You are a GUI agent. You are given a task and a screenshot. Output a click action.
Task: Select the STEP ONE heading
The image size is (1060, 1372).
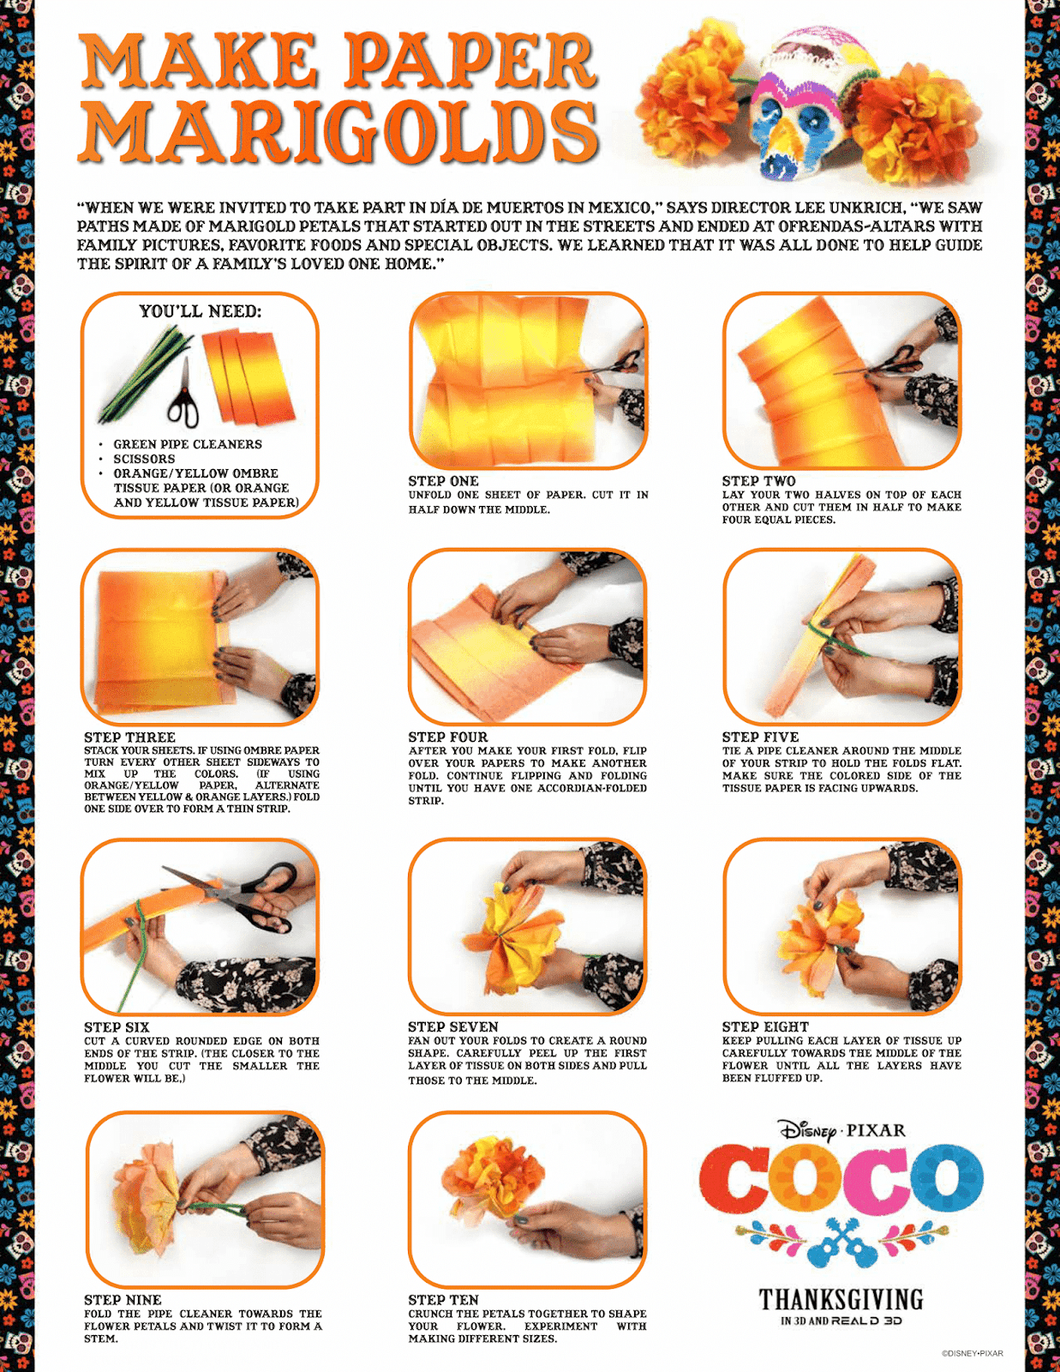point(443,481)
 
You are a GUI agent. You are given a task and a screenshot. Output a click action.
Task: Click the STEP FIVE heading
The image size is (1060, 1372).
point(760,737)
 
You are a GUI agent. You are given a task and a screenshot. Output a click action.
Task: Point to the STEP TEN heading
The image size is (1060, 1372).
point(443,1300)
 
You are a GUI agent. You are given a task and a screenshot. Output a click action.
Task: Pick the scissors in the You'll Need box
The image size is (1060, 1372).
point(183,392)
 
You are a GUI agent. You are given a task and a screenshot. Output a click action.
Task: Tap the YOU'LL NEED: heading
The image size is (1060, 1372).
point(200,311)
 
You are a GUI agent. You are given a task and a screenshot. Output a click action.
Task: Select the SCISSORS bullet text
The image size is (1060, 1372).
point(144,459)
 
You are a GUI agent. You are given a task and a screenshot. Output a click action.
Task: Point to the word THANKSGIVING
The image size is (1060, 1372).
point(841,1300)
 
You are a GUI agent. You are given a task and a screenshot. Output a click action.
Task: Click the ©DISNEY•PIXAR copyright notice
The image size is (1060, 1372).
point(973,1353)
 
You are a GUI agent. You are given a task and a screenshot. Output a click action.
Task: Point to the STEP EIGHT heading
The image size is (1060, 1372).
point(765,1027)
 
